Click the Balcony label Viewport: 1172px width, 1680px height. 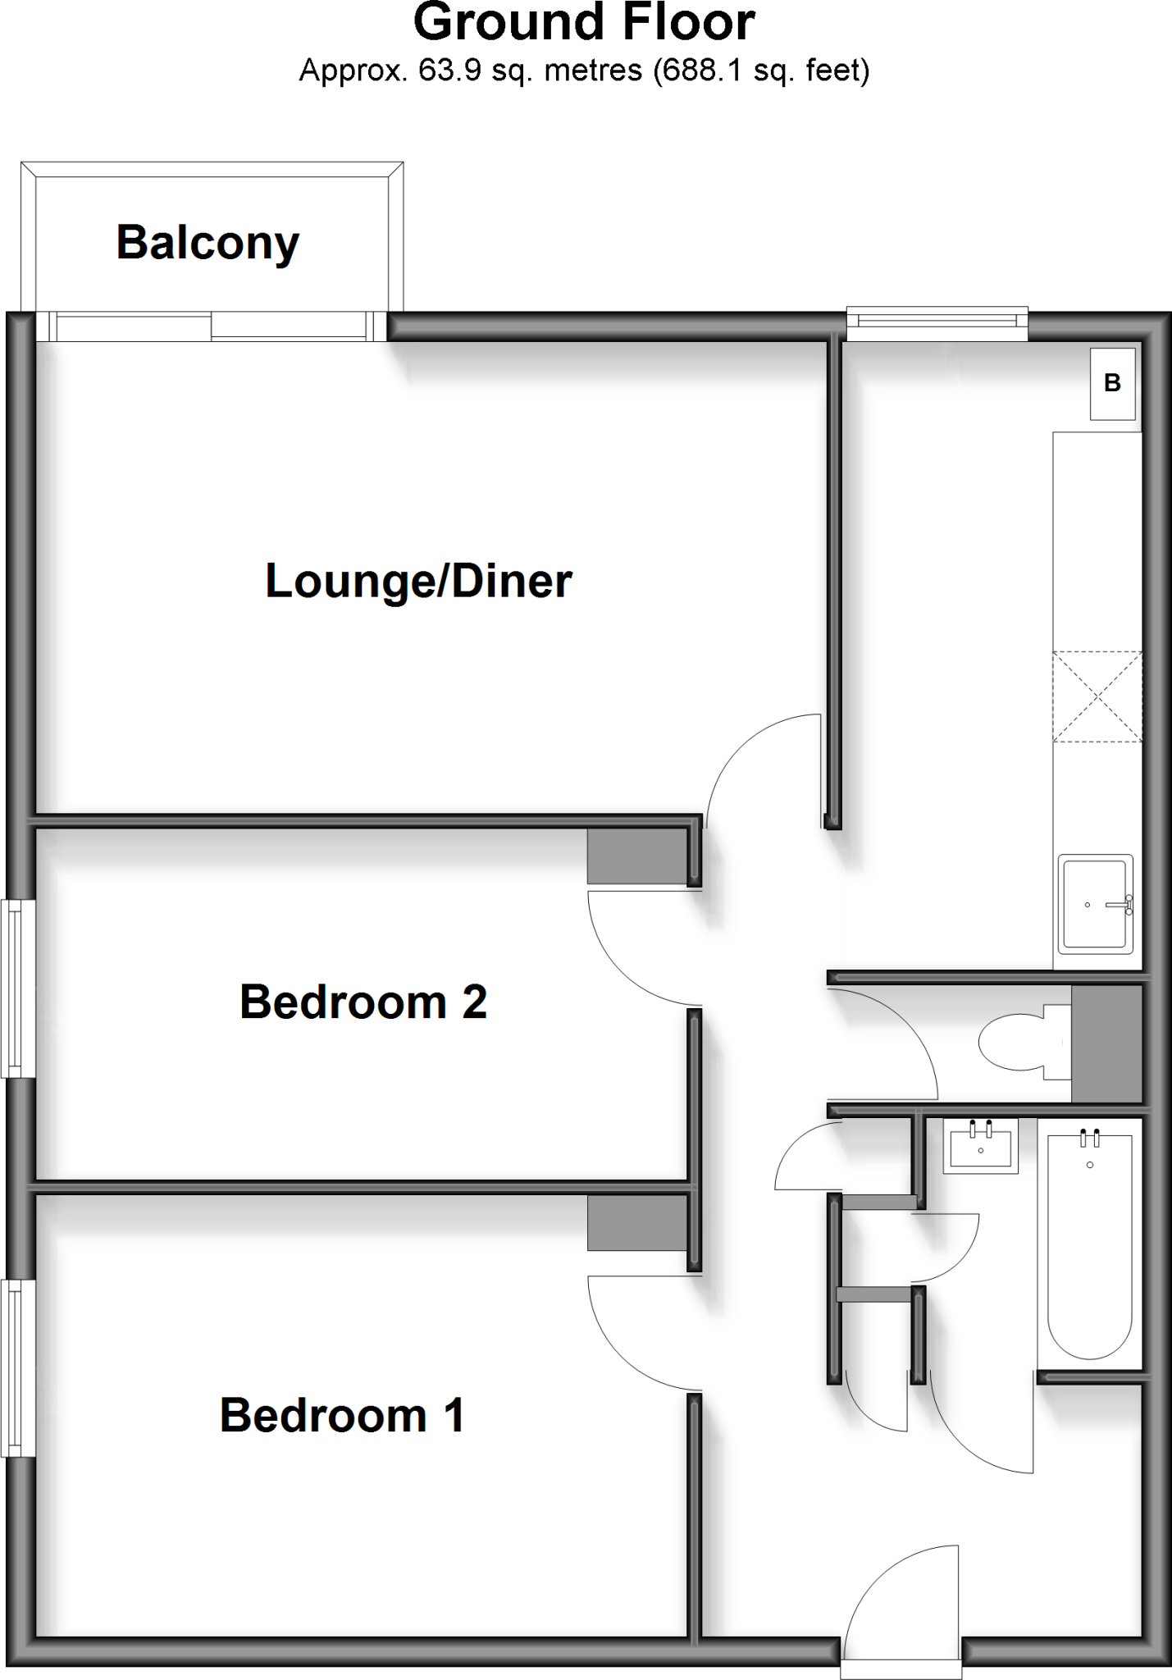point(207,243)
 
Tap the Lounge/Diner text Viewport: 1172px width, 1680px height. point(418,581)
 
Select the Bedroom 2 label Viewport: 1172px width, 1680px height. point(363,1002)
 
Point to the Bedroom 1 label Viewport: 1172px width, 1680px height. point(342,1414)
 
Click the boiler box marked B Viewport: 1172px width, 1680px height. point(1112,383)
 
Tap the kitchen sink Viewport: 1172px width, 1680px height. point(1095,905)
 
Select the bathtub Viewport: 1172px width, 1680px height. point(1089,1244)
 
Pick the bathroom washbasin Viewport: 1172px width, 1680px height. point(980,1145)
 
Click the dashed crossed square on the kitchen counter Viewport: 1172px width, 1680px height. point(1097,696)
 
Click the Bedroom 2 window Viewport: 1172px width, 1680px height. point(17,988)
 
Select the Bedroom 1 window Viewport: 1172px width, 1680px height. point(17,1367)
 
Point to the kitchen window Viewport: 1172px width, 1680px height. point(937,324)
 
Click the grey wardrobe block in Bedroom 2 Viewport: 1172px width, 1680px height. point(636,856)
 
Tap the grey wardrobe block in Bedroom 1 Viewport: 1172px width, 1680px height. point(636,1222)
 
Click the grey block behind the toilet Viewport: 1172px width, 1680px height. point(1106,1043)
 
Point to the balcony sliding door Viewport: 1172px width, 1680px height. point(211,326)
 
